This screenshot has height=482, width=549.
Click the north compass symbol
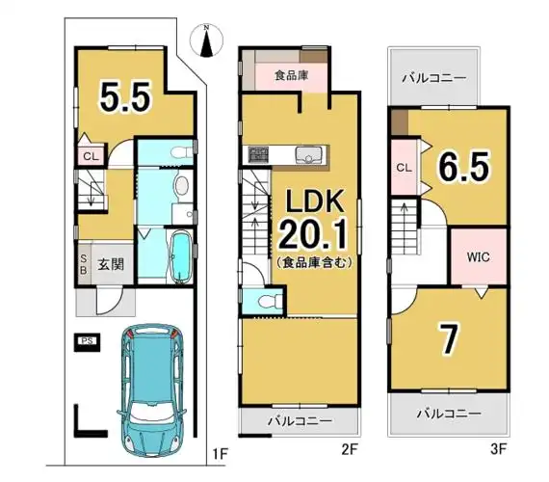(206, 40)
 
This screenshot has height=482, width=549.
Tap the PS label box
(87, 341)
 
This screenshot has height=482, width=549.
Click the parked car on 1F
(152, 390)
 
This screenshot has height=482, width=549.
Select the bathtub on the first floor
(180, 257)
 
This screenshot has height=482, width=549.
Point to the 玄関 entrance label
(111, 264)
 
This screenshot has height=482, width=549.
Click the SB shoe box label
(84, 264)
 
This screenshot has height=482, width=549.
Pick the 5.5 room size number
(125, 95)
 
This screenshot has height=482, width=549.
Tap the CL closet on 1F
(91, 156)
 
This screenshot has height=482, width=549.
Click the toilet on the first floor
(181, 152)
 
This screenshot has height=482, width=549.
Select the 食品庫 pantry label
(291, 75)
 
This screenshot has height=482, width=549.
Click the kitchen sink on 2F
(308, 154)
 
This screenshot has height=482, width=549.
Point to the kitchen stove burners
(258, 154)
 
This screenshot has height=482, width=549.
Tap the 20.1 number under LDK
(313, 233)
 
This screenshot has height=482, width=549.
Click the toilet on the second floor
(270, 300)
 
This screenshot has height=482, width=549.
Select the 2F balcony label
(300, 421)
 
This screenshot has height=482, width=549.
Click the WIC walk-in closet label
(478, 257)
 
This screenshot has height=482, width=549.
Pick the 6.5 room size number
(463, 167)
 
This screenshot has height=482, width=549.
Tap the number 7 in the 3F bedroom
(449, 338)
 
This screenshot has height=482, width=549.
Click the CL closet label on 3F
(405, 168)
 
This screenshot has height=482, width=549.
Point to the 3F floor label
(498, 449)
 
